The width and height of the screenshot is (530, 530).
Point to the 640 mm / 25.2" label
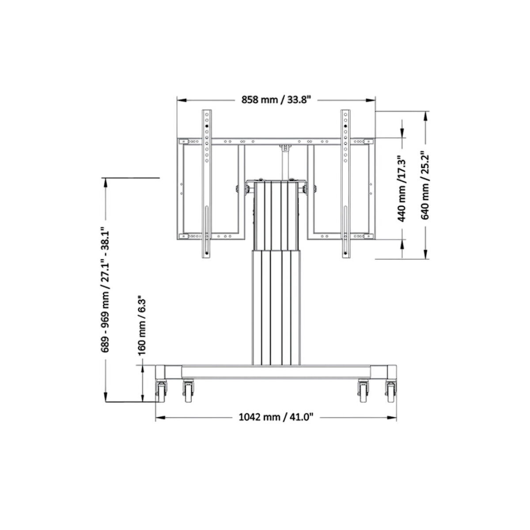click(424, 185)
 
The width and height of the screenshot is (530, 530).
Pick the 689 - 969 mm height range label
click(105, 290)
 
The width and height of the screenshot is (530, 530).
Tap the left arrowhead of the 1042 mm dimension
click(159, 417)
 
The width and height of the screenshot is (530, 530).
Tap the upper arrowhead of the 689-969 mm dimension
click(105, 182)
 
